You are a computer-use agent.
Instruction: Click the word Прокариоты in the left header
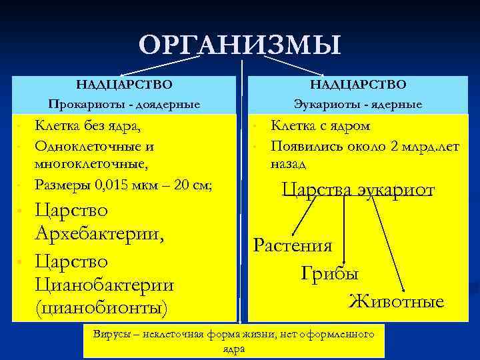pyautogui.click(x=81, y=105)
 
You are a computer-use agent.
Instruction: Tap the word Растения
pyautogui.click(x=293, y=246)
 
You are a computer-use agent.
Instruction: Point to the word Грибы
pyautogui.click(x=329, y=274)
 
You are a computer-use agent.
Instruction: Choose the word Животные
pyautogui.click(x=396, y=302)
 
